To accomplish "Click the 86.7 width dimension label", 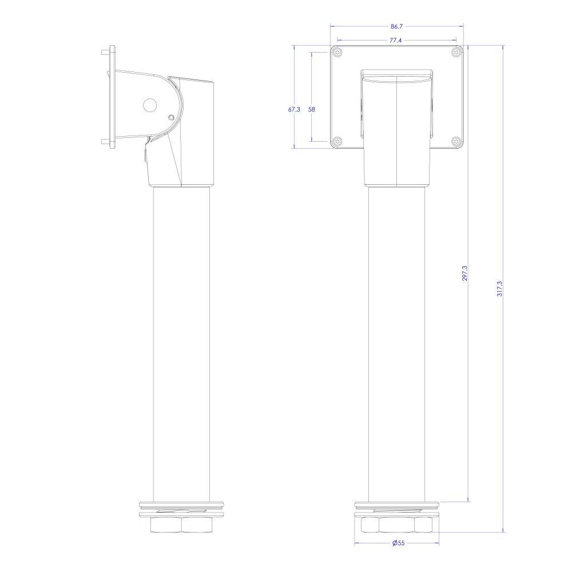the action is pos(396,26).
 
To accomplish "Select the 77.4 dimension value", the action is pos(395,41).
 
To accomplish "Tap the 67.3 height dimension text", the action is pos(294,109).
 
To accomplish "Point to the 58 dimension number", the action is pos(312,109).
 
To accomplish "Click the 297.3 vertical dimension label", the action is pos(464,273).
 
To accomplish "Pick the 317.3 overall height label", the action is pos(500,288).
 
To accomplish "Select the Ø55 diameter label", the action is pos(398,543).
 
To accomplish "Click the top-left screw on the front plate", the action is pos(338,53).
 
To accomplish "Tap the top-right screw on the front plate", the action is pos(456,53).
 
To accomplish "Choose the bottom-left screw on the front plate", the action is pos(338,141).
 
